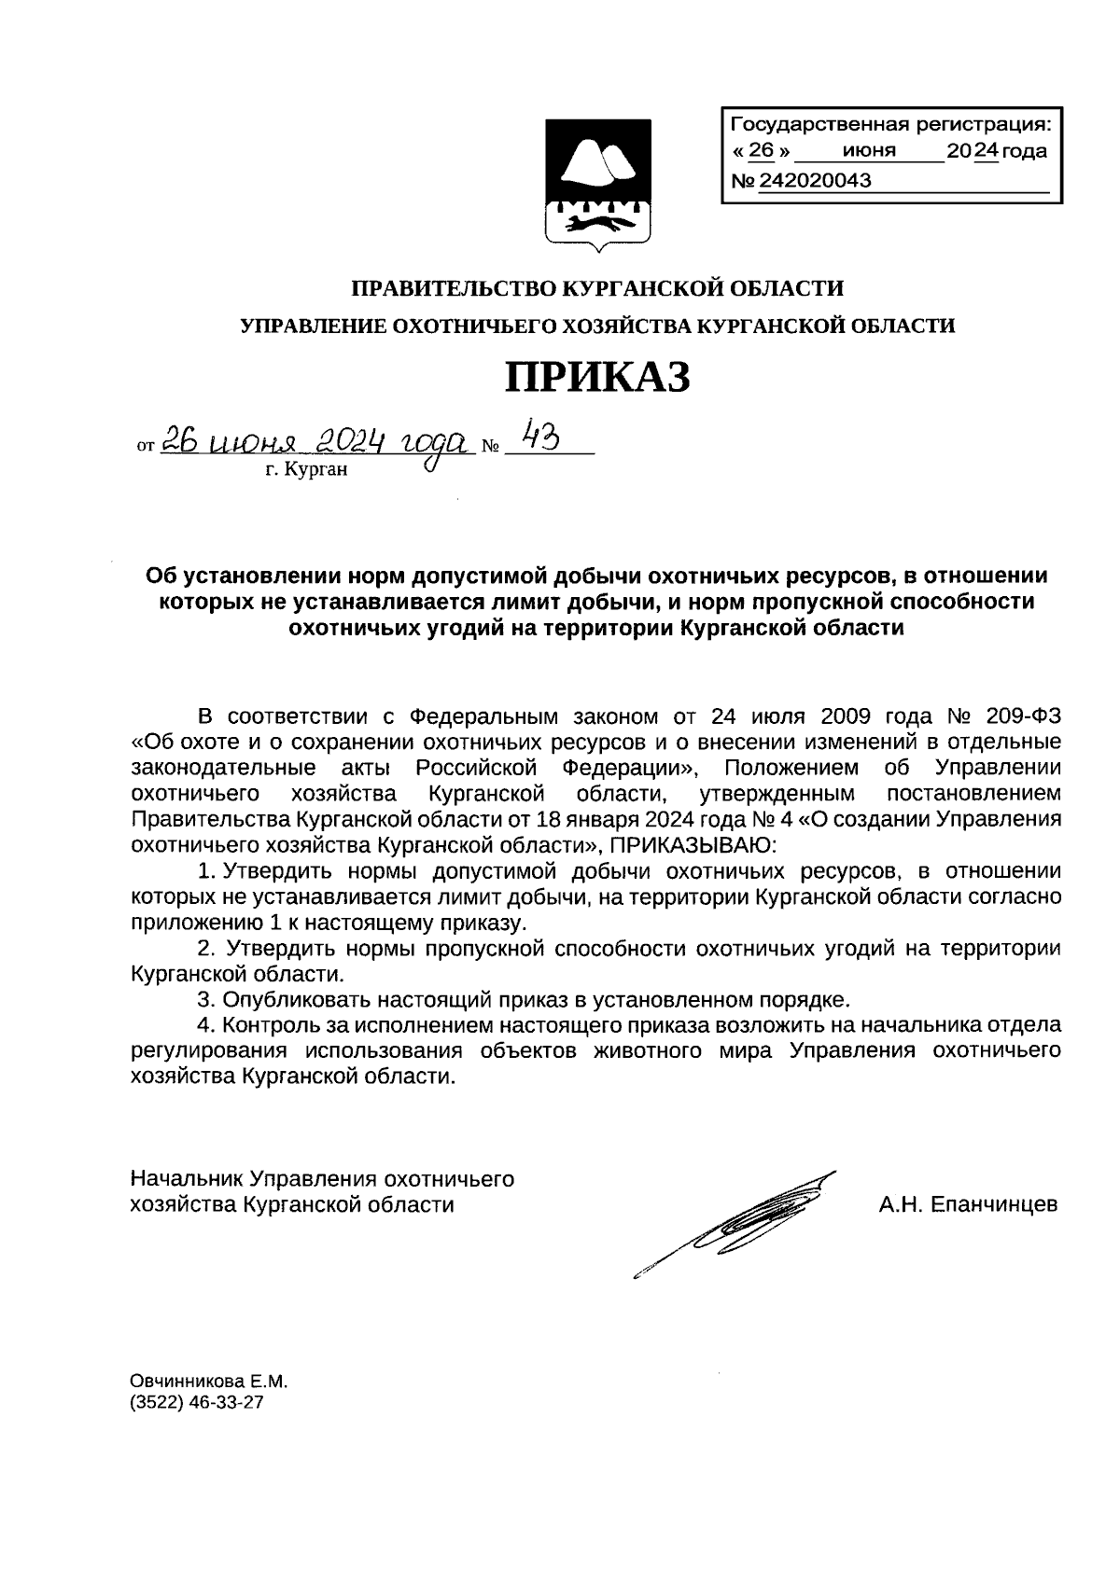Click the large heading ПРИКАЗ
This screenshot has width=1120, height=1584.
coord(597,377)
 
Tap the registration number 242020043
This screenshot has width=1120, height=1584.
coord(816,181)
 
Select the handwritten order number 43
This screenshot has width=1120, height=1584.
coord(540,435)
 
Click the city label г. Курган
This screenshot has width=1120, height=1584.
coord(306,470)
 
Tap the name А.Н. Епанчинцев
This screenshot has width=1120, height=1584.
coord(968,1204)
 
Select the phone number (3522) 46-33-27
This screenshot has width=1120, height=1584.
coord(197,1402)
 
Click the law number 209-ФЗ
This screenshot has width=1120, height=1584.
coord(1023,716)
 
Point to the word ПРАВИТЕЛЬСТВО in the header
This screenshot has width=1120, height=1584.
coord(452,288)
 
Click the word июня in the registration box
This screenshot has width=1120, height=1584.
coord(868,151)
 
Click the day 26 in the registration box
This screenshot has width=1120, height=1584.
coord(763,151)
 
